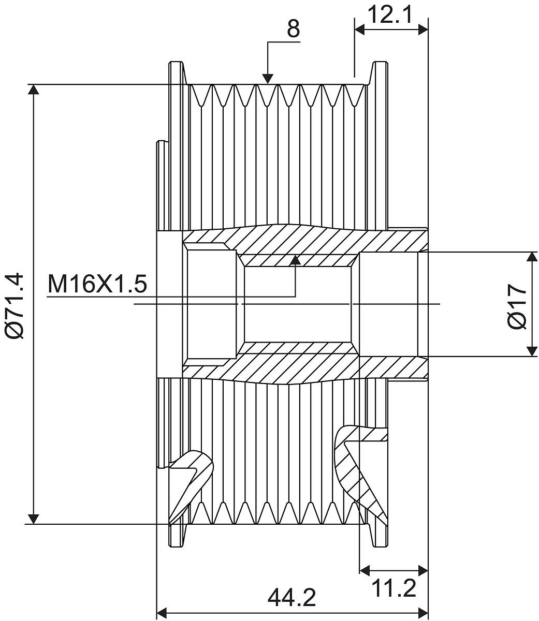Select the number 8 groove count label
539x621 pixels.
[293, 29]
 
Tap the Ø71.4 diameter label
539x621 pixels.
[15, 304]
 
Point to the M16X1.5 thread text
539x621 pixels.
[97, 285]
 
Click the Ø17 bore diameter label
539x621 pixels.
[517, 306]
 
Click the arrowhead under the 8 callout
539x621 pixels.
[267, 78]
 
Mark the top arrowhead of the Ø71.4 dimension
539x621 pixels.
[34, 90]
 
